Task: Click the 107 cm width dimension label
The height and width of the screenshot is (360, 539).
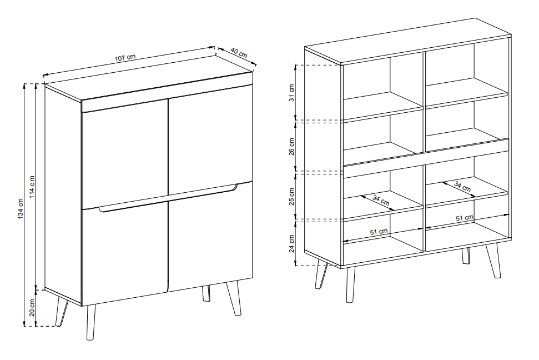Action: click(x=125, y=57)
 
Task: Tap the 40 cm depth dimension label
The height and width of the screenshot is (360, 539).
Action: click(x=239, y=53)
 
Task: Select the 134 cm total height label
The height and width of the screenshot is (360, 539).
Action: click(x=21, y=208)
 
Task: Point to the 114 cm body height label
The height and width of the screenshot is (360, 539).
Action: click(x=32, y=187)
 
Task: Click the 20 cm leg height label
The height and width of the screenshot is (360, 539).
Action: click(x=32, y=307)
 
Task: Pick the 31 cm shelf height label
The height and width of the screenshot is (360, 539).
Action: click(x=292, y=93)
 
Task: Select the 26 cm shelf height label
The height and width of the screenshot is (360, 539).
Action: click(x=292, y=147)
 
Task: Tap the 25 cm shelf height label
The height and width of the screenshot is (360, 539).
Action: click(x=292, y=197)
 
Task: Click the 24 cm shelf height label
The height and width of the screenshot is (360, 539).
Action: click(x=292, y=244)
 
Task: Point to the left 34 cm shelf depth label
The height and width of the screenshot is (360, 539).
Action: click(x=381, y=201)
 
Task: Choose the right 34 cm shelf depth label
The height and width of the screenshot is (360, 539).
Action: click(x=462, y=186)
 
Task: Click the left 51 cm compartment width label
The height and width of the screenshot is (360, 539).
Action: click(x=379, y=232)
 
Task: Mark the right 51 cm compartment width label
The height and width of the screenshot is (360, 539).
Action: click(x=465, y=218)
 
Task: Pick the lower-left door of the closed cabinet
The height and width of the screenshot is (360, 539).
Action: click(x=125, y=254)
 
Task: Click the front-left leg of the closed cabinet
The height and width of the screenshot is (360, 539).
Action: click(x=90, y=322)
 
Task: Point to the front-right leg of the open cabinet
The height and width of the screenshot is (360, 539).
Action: click(x=493, y=261)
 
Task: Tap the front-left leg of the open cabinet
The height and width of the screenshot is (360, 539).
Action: click(x=350, y=284)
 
